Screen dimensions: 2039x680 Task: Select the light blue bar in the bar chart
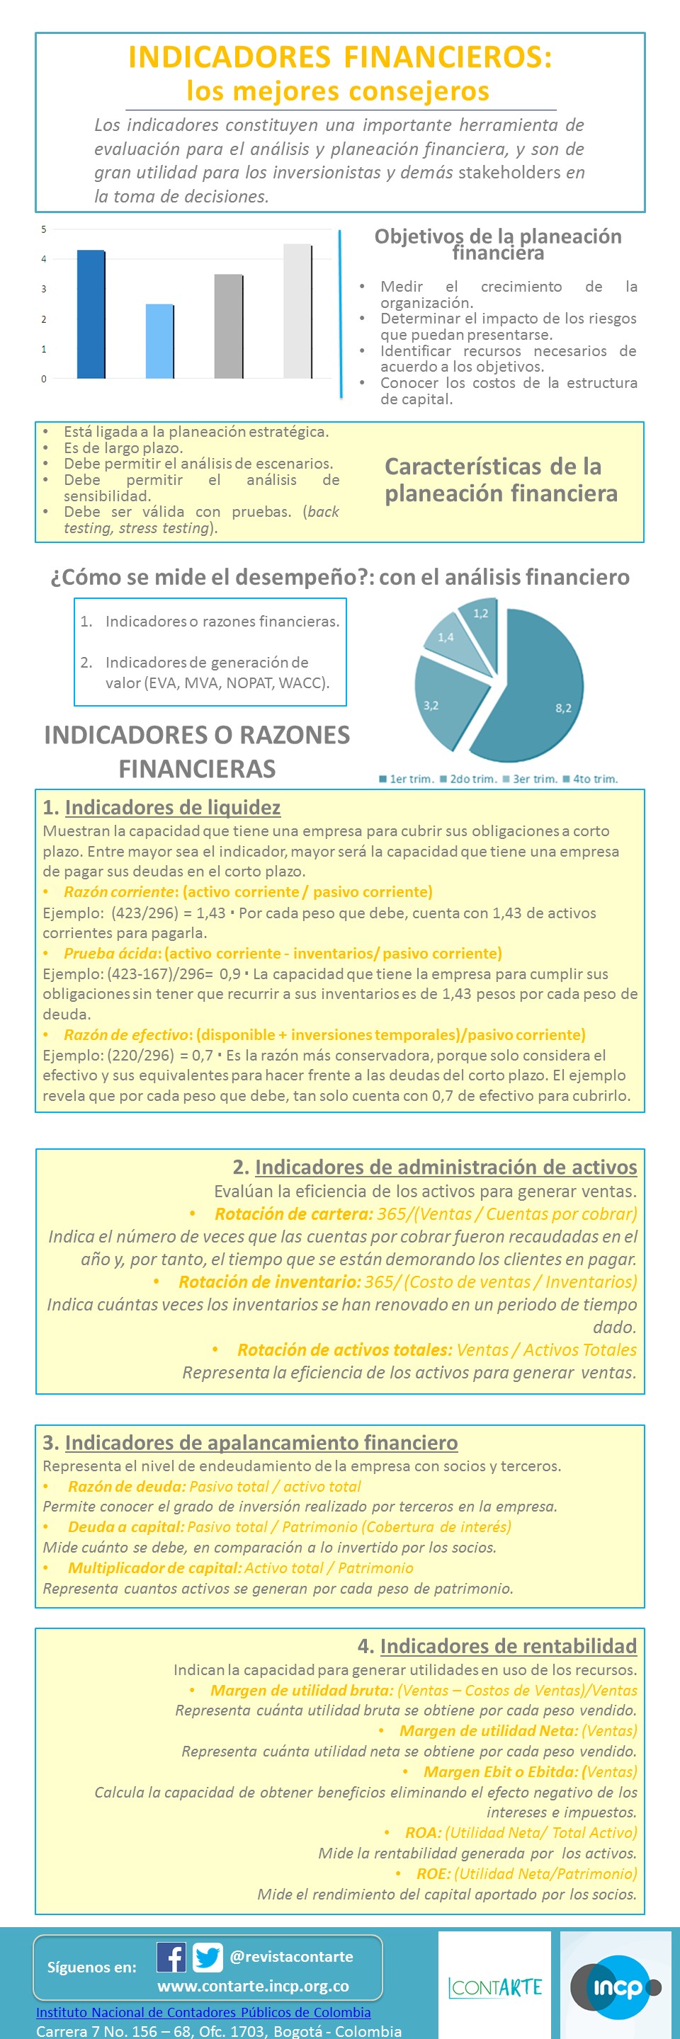pyautogui.click(x=159, y=341)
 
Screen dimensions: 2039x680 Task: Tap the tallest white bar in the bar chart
pyautogui.click(x=297, y=311)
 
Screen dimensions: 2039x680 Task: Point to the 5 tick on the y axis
pyautogui.click(x=45, y=229)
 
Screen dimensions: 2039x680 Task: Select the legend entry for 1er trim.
pyautogui.click(x=406, y=779)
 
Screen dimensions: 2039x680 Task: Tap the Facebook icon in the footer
pyautogui.click(x=171, y=1957)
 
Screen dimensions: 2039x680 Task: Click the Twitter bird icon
pyautogui.click(x=208, y=1958)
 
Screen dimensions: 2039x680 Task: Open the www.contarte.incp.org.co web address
pyautogui.click(x=253, y=1985)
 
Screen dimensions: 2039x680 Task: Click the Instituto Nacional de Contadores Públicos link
pyautogui.click(x=203, y=2012)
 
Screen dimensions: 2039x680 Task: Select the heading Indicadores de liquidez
pyautogui.click(x=173, y=807)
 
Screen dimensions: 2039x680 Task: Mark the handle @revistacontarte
pyautogui.click(x=291, y=1957)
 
